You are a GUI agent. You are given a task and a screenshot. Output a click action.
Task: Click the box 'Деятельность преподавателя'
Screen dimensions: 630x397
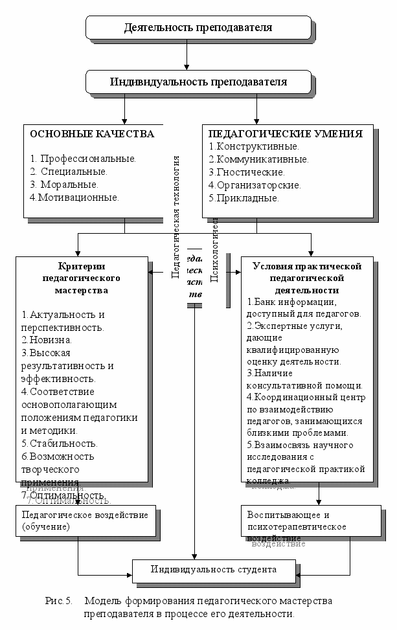198,28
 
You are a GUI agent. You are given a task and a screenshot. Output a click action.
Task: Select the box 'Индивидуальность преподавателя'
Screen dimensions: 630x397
198,82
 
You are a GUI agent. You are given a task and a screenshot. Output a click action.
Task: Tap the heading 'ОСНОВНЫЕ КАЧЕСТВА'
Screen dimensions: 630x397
92,134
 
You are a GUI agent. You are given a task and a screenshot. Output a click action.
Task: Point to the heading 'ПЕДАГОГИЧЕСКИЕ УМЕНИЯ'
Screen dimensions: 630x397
285,134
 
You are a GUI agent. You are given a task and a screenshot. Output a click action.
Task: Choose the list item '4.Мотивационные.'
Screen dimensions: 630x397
74,197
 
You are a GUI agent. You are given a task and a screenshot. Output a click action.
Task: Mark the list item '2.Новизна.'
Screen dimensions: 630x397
47,339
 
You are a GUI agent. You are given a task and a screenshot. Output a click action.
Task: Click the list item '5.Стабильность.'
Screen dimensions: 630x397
60,444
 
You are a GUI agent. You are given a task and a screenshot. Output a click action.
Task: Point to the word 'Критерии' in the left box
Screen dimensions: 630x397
82,266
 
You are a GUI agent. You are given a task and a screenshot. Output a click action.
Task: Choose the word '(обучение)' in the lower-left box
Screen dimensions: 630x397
45,527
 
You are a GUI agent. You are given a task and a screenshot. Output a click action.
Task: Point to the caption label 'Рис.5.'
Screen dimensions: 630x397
60,601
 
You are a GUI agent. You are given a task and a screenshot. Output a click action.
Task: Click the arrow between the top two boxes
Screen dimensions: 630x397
187,55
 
